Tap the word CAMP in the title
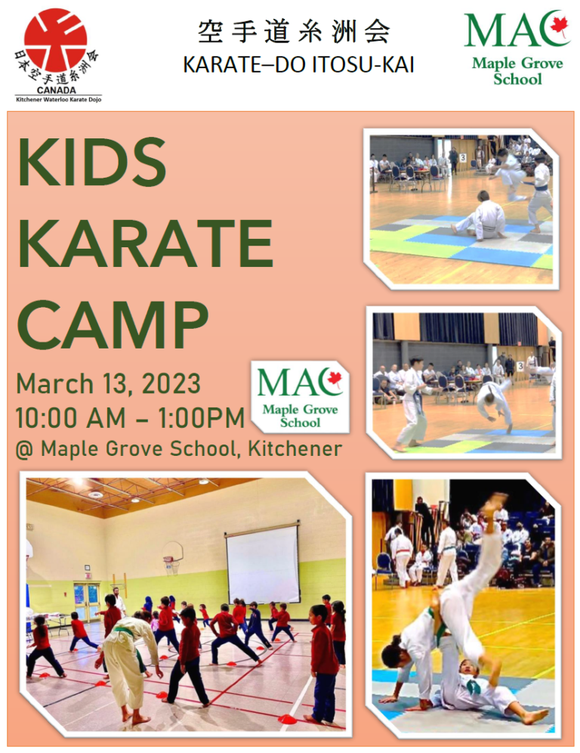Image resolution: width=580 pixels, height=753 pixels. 113,324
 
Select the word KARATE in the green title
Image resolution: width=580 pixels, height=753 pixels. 145,243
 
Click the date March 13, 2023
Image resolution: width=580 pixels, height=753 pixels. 109,383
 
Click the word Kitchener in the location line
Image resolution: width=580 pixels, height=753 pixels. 295,448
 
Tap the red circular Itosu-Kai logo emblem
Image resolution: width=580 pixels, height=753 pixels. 56,40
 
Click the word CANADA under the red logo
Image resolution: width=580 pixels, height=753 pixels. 56,90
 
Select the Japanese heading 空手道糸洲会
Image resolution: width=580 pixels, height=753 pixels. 294,33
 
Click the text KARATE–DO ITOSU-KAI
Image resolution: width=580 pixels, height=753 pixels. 298,65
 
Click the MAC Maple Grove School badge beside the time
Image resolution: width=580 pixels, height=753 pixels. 301,398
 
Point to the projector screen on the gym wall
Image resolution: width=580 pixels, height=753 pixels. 263,564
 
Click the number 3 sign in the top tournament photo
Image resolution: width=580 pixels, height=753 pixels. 463,157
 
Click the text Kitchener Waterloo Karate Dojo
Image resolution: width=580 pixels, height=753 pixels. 58,99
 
